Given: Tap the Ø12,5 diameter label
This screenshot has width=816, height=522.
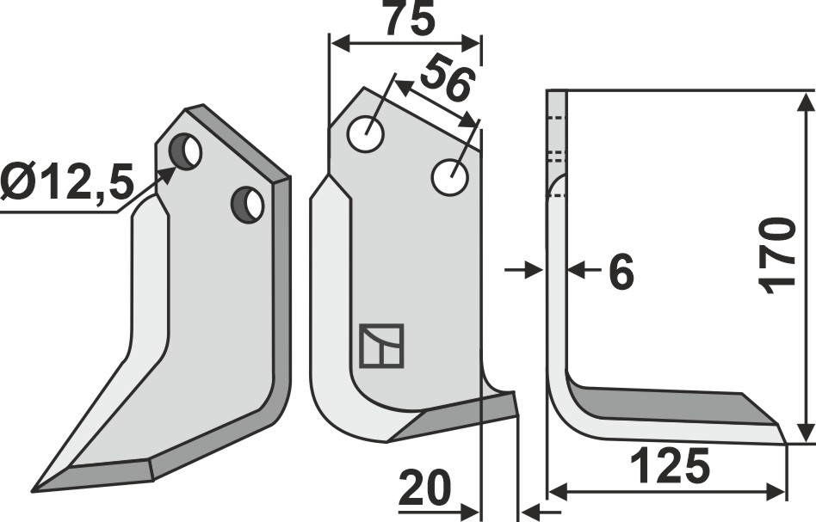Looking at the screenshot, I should point(67,183).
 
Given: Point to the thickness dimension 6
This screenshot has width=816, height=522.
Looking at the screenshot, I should point(620,273).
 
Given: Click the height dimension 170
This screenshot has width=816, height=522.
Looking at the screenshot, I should point(780,255).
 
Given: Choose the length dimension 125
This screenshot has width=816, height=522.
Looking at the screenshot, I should point(669,468).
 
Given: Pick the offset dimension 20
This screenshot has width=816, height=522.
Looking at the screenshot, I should point(425,491).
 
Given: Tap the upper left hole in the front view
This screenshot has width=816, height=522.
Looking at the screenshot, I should point(365,133).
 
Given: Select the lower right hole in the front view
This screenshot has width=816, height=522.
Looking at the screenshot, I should point(449,177).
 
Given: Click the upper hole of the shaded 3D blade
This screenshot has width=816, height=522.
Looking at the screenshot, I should point(186,151).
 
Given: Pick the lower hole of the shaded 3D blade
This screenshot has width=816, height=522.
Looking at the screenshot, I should point(248,204).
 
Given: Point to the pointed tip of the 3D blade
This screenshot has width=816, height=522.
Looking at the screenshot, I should point(35,491).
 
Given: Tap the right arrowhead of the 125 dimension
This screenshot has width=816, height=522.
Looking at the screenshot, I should point(781,492).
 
